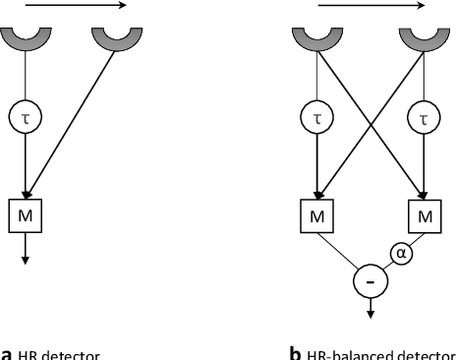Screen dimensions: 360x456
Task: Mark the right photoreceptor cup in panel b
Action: [426, 38]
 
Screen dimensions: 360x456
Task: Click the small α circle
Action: [400, 254]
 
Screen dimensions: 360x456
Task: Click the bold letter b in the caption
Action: [295, 352]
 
